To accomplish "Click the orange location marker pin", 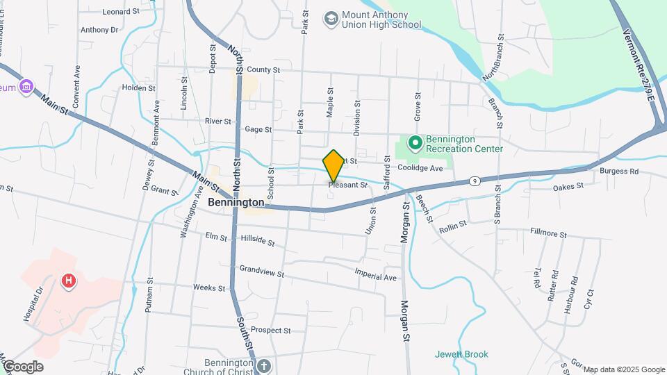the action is (x=333, y=165).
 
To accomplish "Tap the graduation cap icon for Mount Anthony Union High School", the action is (x=331, y=17).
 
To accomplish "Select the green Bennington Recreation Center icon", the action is (x=415, y=144).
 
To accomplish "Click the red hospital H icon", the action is (x=69, y=281).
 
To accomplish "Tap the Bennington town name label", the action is (x=236, y=202).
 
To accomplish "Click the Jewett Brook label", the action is (x=461, y=354).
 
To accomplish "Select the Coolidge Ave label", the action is (x=420, y=168).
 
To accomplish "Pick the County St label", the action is (x=263, y=70).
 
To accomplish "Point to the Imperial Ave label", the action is (x=375, y=276).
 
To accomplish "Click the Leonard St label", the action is (x=121, y=12).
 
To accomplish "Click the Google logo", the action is (x=22, y=366).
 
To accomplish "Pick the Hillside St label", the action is (x=258, y=241).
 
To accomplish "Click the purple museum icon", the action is (x=26, y=87).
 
